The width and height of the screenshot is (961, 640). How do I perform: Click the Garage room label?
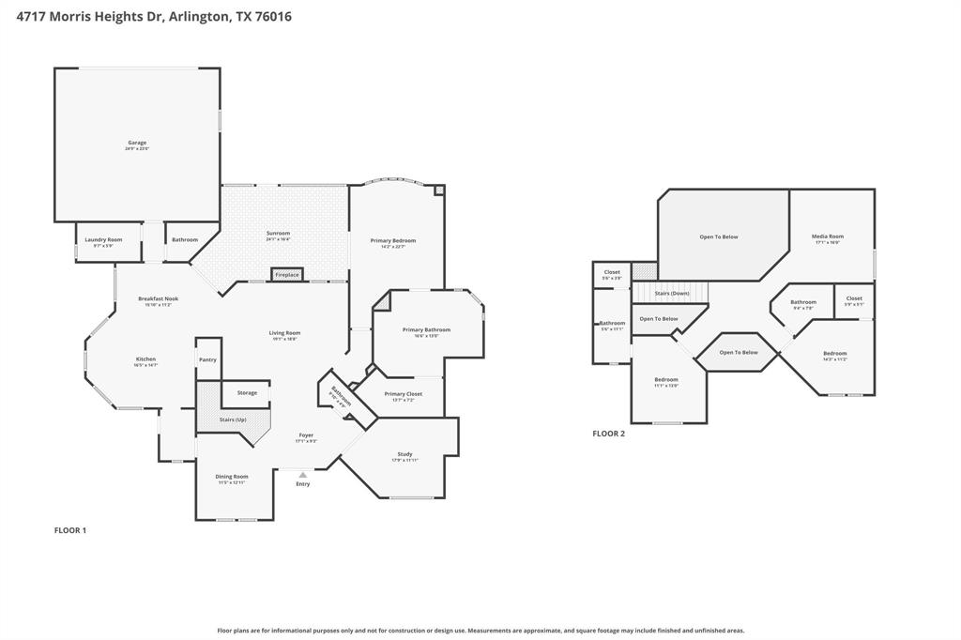click(137, 143)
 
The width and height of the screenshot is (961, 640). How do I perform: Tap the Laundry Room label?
click(103, 239)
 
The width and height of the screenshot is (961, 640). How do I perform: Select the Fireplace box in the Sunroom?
click(287, 275)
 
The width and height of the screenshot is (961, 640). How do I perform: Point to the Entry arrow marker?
click(302, 476)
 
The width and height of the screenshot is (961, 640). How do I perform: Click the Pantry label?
click(207, 359)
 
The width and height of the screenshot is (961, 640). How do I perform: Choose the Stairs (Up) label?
click(233, 419)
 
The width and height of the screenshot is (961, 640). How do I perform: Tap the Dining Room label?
click(233, 477)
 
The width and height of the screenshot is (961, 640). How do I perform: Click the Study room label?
click(404, 454)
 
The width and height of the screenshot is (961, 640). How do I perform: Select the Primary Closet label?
click(403, 394)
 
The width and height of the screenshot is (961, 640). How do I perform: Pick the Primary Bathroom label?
click(426, 329)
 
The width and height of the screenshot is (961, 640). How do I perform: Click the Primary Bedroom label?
click(392, 240)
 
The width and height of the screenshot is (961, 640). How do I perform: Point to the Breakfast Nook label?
click(158, 299)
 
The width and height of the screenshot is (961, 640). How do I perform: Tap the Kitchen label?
click(145, 359)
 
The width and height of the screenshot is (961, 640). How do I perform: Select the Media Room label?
click(828, 236)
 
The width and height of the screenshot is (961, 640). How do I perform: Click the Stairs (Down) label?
click(672, 293)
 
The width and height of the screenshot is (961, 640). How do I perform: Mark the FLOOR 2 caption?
click(608, 434)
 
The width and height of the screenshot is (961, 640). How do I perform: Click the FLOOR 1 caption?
click(70, 530)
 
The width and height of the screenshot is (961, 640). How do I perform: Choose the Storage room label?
click(247, 392)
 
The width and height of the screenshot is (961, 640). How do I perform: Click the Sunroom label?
click(278, 233)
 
